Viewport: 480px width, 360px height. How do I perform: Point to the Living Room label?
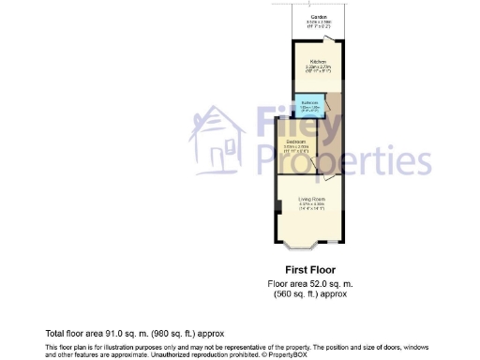tap(311, 200)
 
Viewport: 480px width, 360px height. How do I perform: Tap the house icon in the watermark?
tap(217, 141)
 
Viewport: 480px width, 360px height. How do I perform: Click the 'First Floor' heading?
tap(309, 268)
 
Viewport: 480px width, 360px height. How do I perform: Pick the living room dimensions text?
tap(311, 206)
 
